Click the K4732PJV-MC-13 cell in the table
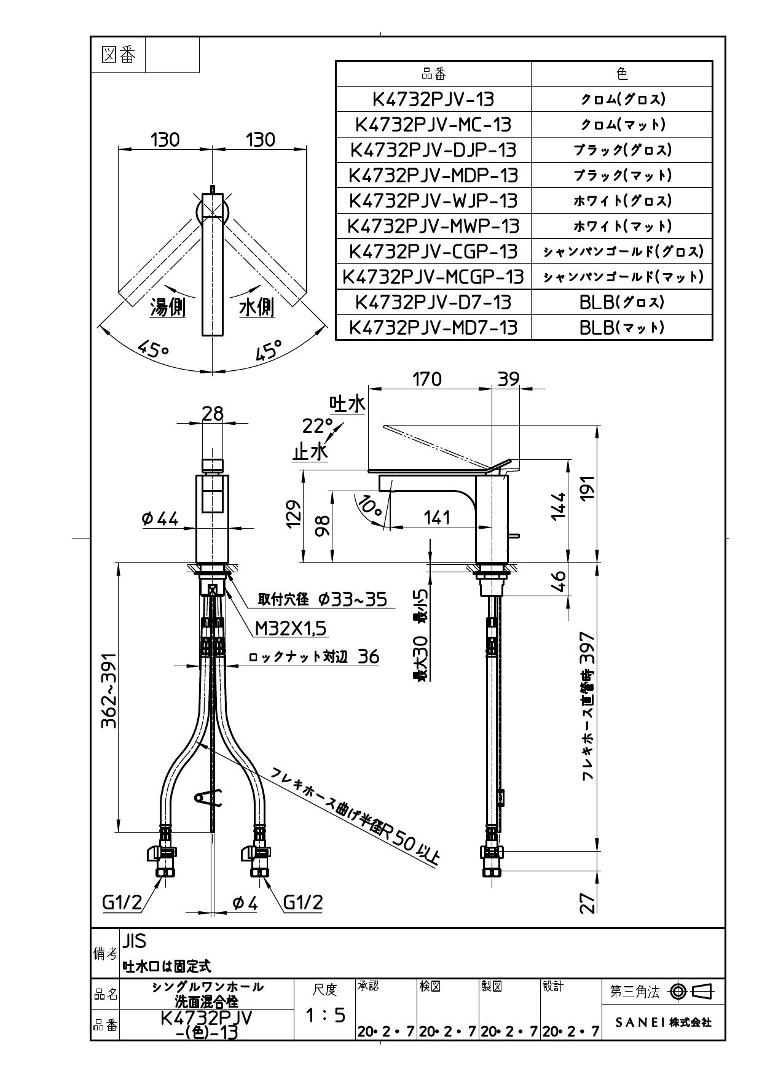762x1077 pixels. click(x=433, y=125)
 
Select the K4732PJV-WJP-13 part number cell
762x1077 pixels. click(x=433, y=201)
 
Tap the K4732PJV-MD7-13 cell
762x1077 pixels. click(x=433, y=327)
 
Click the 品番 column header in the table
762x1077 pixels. click(x=433, y=74)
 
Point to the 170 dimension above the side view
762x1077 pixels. click(x=426, y=379)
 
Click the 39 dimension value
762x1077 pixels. click(x=508, y=379)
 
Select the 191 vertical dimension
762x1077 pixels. click(x=588, y=489)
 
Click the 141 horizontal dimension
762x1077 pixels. click(x=437, y=518)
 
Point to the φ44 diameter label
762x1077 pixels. click(x=160, y=519)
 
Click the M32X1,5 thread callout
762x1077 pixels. click(x=291, y=628)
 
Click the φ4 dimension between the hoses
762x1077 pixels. click(x=245, y=903)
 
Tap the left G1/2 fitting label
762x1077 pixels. click(x=122, y=902)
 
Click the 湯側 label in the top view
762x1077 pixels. click(x=168, y=307)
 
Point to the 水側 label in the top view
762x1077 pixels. click(x=256, y=307)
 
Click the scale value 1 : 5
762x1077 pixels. click(x=325, y=1015)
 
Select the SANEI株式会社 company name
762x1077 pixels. click(x=663, y=1022)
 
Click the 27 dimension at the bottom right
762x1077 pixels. click(x=588, y=903)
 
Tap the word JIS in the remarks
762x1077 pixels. click(x=134, y=940)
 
